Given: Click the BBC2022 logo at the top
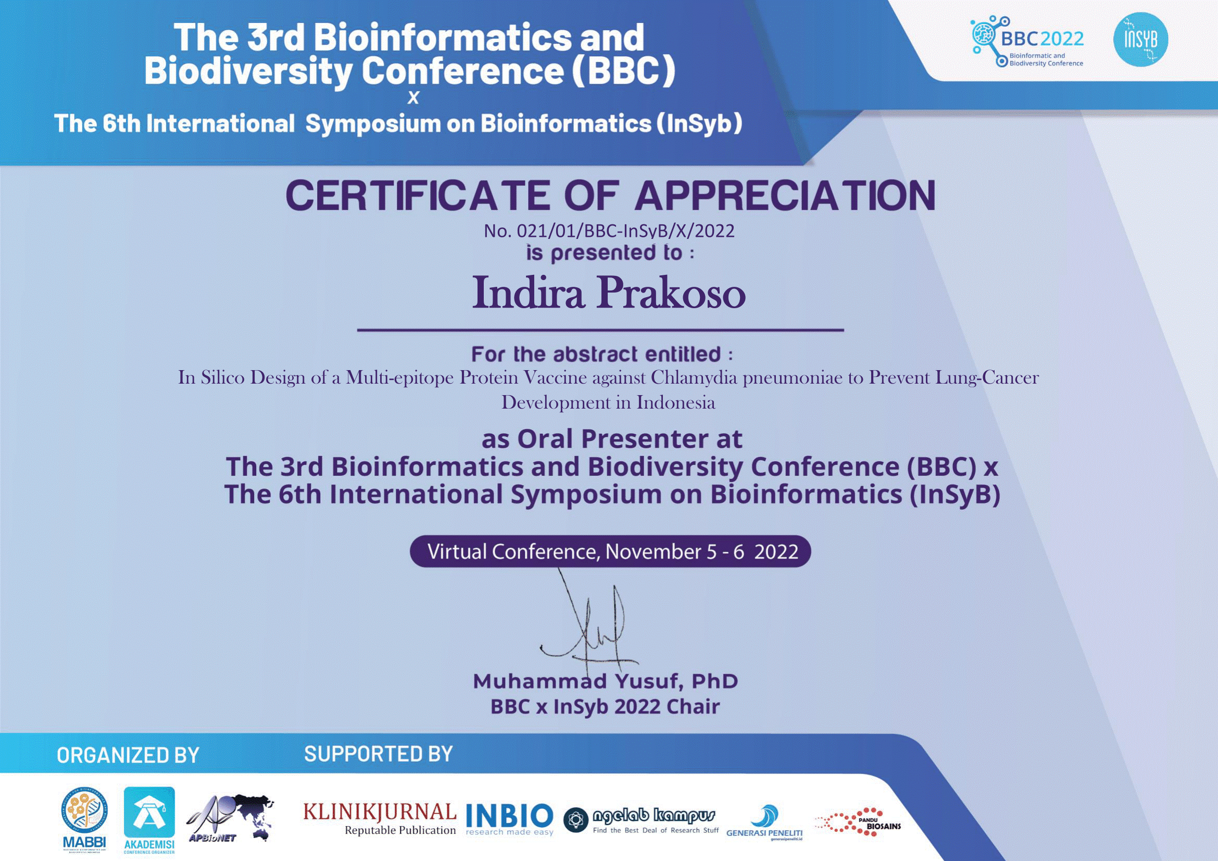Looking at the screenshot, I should tap(1027, 42).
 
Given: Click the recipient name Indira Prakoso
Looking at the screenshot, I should tap(609, 293).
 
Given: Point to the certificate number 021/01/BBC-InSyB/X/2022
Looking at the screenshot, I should tap(609, 231).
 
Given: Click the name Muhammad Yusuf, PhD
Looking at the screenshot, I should tap(605, 681).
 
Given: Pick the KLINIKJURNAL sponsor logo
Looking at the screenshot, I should tap(379, 818).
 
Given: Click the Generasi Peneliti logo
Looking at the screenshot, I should tap(764, 822).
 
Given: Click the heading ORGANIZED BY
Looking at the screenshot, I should tap(128, 755).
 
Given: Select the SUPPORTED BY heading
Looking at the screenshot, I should tap(378, 754).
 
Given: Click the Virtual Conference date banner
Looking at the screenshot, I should tap(610, 552).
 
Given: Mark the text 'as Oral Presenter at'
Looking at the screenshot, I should tap(612, 438).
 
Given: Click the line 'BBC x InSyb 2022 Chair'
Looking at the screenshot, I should tap(605, 707).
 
